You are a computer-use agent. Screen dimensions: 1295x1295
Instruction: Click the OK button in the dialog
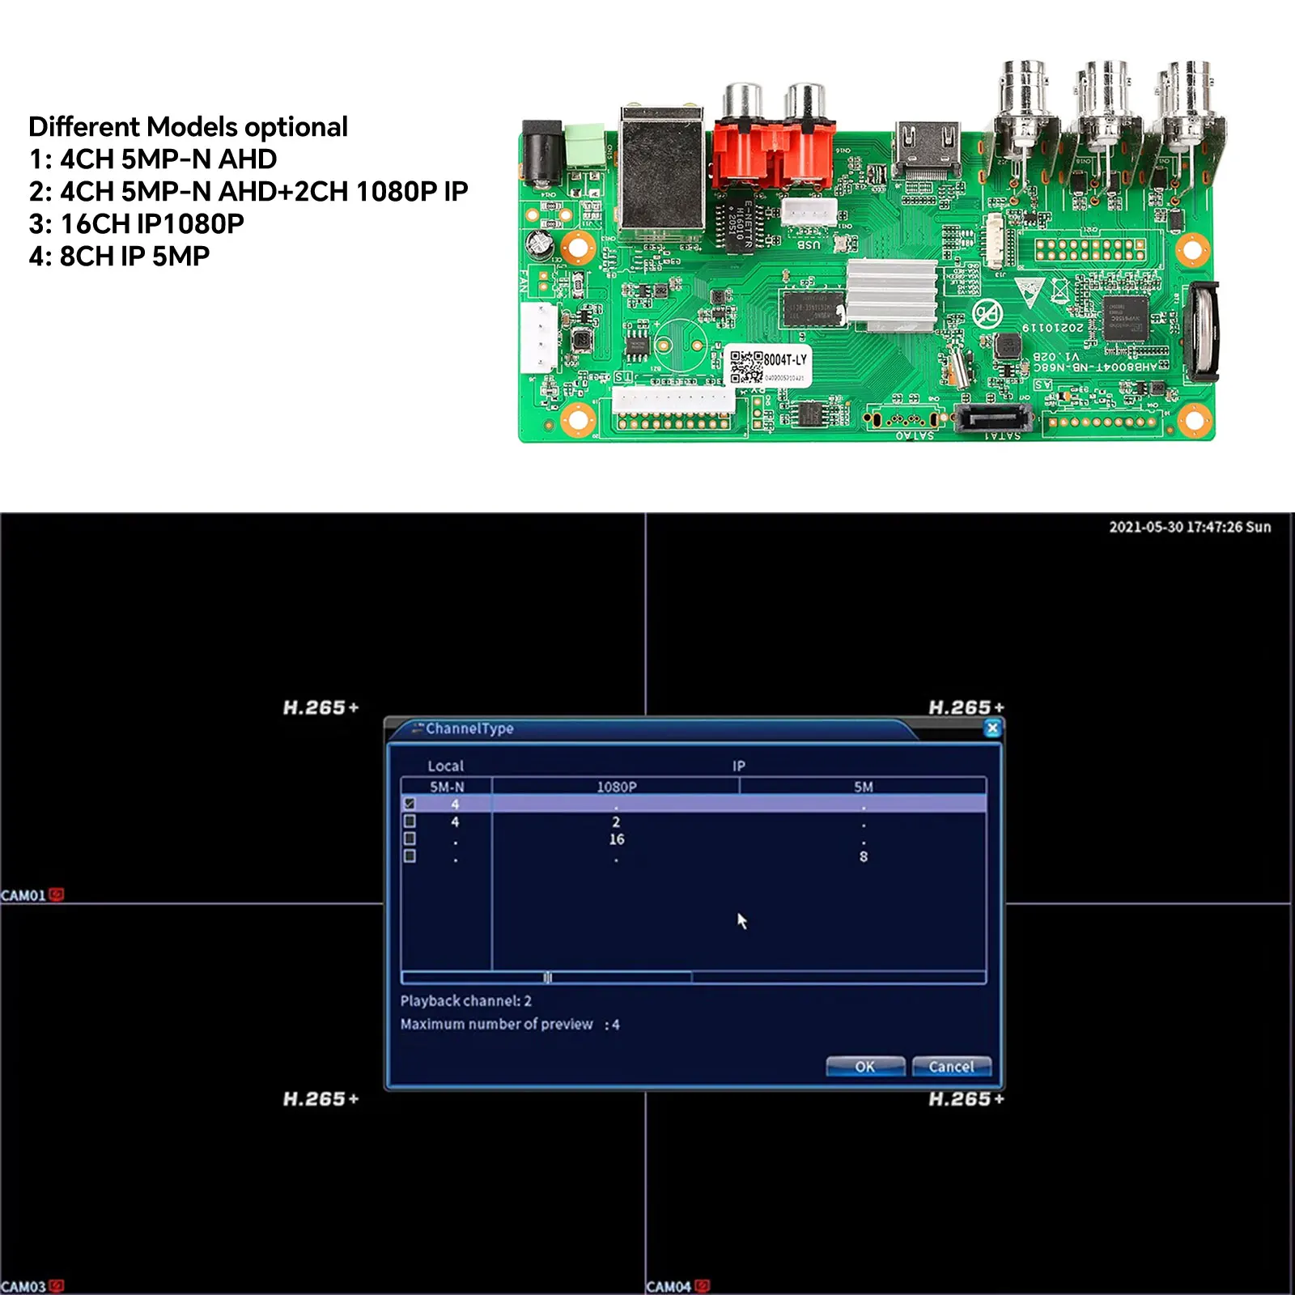865,1067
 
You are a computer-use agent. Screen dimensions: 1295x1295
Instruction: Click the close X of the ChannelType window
992,728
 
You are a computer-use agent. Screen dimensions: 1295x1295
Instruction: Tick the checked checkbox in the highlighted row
410,804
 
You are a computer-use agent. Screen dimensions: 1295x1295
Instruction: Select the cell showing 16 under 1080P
617,839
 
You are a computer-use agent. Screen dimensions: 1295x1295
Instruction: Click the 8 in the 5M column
864,856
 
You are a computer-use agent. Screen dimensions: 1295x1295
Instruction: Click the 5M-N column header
447,787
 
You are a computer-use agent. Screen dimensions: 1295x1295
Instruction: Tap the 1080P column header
617,787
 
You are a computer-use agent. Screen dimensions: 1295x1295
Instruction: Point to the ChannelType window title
469,728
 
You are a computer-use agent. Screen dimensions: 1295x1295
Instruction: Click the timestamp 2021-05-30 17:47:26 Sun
1189,527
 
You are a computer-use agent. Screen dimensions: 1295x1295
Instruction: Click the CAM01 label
24,895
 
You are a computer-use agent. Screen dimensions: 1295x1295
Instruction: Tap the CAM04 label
669,1286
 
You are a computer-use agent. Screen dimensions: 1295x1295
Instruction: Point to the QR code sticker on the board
746,367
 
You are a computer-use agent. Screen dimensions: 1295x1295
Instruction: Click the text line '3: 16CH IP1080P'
136,223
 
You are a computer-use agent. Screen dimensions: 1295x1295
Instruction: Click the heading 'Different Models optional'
188,127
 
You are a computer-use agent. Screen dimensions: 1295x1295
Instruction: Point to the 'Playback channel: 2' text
465,1001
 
